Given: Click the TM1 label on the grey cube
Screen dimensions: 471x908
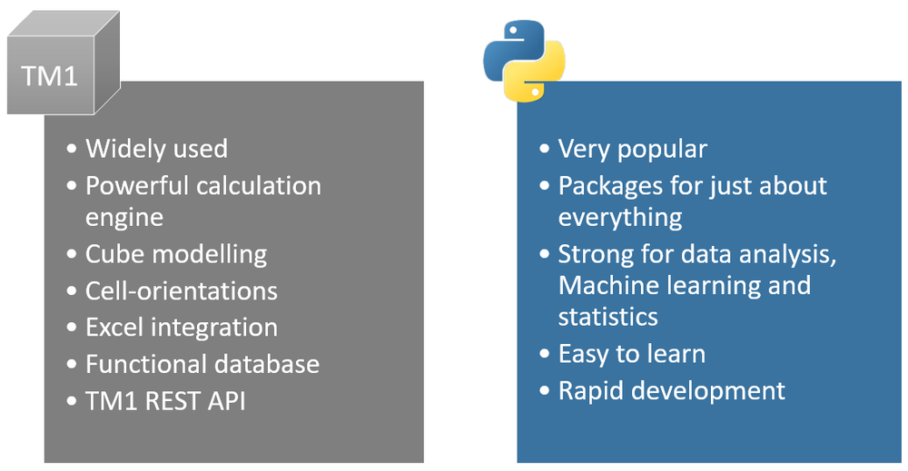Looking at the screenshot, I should coord(50,75).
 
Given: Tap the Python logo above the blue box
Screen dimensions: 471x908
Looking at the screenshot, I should coord(524,61).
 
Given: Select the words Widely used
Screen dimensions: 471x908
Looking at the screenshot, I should coord(156,149).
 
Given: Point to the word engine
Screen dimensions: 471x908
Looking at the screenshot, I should coord(124,219).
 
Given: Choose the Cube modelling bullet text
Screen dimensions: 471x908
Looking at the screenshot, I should coord(176,254).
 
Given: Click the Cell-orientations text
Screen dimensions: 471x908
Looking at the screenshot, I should coord(182,290).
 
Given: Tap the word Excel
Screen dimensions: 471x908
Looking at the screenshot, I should coord(113,327).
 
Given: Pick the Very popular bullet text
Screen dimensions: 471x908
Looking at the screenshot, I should coord(632,149).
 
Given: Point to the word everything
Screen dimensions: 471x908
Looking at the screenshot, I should coord(620,219).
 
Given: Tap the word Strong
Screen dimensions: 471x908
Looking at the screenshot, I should coord(592,254).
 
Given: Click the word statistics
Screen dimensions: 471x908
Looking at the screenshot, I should coord(608,317).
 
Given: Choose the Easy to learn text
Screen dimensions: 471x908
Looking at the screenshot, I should coord(632,354).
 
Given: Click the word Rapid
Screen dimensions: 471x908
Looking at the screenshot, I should coord(588,390).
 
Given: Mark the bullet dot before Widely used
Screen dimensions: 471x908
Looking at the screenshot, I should coord(73,150).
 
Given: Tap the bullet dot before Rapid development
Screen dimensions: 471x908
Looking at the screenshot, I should coord(545,391).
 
